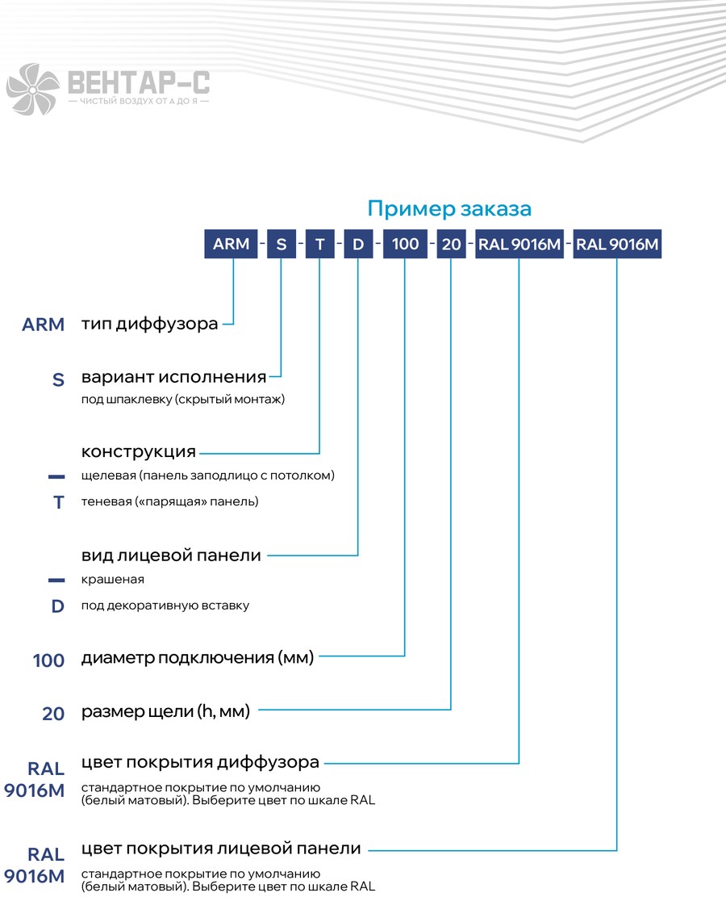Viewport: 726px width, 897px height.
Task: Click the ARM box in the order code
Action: click(x=231, y=244)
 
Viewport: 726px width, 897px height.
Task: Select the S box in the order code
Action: click(x=282, y=244)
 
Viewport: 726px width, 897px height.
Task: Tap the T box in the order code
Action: click(x=319, y=244)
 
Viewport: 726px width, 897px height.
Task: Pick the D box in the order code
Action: click(x=358, y=244)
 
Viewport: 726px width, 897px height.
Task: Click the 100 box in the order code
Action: click(x=405, y=244)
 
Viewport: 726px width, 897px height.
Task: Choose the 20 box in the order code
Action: click(x=452, y=244)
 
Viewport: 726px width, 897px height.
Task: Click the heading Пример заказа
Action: click(x=449, y=209)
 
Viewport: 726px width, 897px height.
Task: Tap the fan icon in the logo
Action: click(x=32, y=89)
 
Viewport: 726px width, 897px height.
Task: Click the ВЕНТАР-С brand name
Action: click(x=139, y=82)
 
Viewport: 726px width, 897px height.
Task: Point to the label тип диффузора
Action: click(x=150, y=325)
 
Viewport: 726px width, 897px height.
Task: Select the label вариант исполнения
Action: click(x=173, y=377)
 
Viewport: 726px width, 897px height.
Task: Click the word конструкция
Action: click(x=139, y=452)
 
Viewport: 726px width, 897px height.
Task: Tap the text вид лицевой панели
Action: click(x=172, y=555)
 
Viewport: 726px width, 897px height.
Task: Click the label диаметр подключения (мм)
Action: click(x=198, y=658)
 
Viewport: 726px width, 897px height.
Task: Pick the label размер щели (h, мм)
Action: click(x=166, y=711)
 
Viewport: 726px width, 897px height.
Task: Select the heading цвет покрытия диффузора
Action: click(x=200, y=762)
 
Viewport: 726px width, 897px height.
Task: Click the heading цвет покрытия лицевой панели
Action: click(x=221, y=849)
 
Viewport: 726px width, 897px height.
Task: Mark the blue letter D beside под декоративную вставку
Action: click(x=58, y=606)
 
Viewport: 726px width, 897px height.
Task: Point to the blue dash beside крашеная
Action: click(x=56, y=580)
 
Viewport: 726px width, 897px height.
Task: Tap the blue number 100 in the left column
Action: click(x=48, y=660)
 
